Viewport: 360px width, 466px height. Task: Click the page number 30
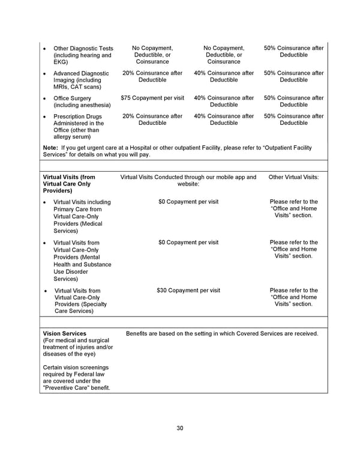coord(179,428)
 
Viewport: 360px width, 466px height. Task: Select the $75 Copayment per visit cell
coord(152,98)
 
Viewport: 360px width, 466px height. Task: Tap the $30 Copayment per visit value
coord(188,291)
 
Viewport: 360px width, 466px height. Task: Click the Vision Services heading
coord(65,333)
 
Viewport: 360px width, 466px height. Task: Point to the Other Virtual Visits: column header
coord(294,177)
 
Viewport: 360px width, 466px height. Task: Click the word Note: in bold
coord(51,148)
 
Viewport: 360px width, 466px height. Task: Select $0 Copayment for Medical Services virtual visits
coord(188,202)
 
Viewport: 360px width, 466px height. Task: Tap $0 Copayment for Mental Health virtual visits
coord(188,243)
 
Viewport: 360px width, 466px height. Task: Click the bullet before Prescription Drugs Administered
coord(46,116)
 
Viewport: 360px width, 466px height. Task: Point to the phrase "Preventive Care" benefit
coord(77,387)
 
